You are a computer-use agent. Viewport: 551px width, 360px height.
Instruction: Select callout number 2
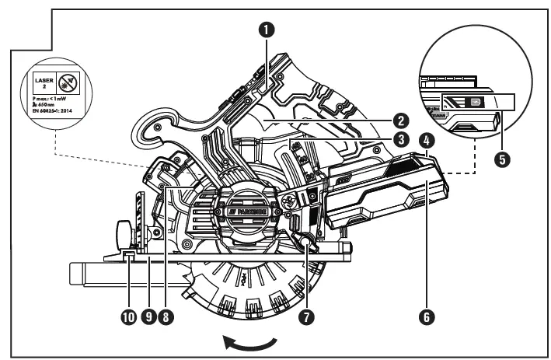(x=401, y=121)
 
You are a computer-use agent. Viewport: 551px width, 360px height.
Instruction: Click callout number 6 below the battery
(x=427, y=316)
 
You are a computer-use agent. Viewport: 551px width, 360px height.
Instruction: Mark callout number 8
(x=165, y=316)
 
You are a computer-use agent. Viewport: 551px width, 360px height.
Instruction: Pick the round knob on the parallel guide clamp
(x=123, y=232)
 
